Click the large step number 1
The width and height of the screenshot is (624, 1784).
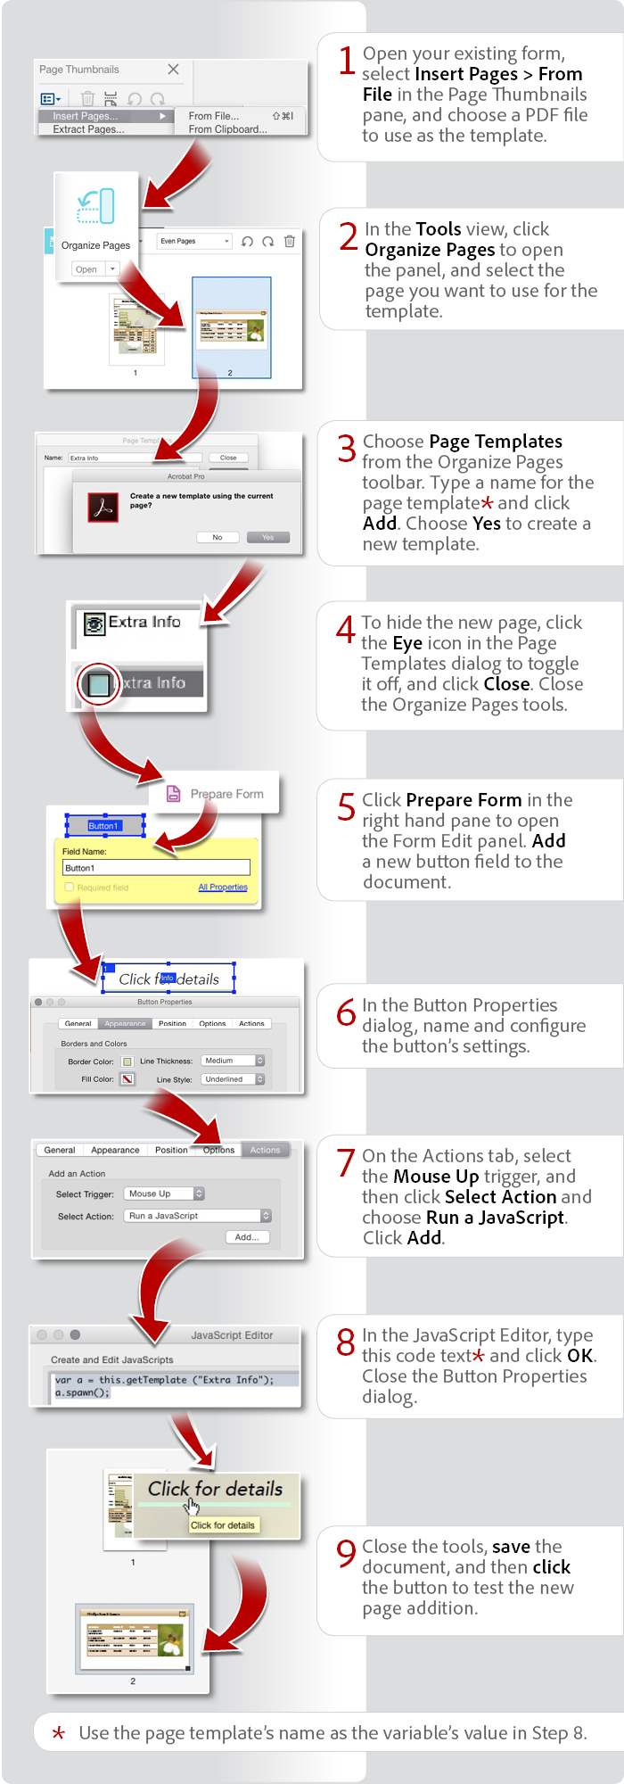[348, 61]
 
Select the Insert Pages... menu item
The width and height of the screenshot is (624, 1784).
[86, 116]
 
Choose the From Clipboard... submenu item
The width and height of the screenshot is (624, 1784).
[227, 129]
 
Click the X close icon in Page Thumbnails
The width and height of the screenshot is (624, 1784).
[173, 70]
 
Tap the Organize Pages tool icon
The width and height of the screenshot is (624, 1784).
[95, 206]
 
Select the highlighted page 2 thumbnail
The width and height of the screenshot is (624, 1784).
[231, 326]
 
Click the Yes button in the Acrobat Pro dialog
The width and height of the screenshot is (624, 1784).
[267, 537]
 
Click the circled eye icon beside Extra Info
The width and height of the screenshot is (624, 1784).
[98, 684]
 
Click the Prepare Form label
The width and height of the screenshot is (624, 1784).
[226, 794]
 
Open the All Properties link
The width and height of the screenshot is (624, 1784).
[223, 888]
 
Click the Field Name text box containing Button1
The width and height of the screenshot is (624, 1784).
[156, 868]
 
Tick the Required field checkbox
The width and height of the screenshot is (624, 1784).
[70, 888]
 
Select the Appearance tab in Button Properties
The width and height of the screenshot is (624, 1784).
[125, 1024]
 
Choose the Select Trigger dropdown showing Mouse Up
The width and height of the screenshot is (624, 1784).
[164, 1193]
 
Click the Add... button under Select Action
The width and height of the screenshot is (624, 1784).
[247, 1237]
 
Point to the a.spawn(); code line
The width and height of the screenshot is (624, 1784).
[83, 1392]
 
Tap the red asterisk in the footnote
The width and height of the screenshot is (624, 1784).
[58, 1733]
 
